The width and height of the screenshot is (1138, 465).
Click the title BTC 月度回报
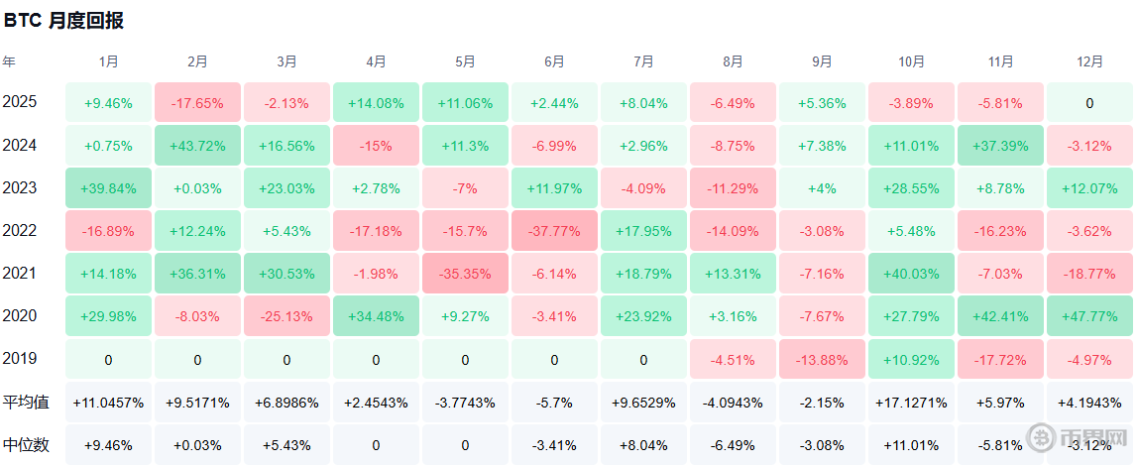coord(63,21)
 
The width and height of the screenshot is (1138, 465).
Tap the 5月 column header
coord(465,62)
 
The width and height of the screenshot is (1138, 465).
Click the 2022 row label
coord(20,231)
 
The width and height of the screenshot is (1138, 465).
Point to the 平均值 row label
coord(26,402)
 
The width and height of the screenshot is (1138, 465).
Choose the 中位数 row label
coord(26,445)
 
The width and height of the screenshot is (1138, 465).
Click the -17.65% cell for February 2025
coord(197,103)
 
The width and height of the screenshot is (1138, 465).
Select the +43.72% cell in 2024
coord(197,146)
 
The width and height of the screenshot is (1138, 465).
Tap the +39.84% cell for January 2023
coord(108,188)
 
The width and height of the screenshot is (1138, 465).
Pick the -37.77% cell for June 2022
coord(554,231)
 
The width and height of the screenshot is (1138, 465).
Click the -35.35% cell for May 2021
coord(465,275)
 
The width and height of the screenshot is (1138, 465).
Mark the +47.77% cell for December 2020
coord(1089,316)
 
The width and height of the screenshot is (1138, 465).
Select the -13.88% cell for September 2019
coord(823,359)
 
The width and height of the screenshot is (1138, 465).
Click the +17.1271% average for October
coord(912,402)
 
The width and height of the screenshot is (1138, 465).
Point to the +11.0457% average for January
coord(108,402)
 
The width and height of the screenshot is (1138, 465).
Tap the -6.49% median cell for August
coord(733,445)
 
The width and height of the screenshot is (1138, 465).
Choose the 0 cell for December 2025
coord(1089,103)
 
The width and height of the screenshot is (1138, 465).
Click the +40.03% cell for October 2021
coord(912,275)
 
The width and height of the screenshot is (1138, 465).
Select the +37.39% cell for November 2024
coord(1001,146)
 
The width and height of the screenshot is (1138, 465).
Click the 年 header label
coord(9,62)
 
